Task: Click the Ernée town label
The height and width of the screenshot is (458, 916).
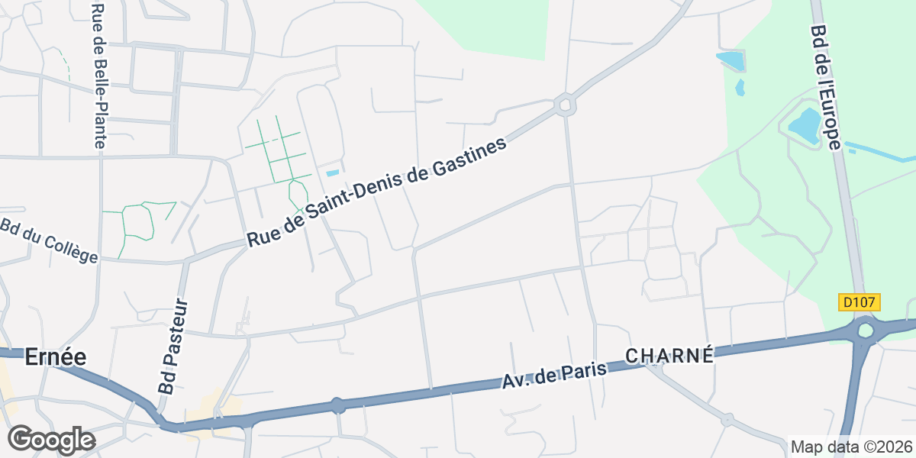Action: point(55,356)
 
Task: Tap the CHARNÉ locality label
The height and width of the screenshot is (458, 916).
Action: point(669,356)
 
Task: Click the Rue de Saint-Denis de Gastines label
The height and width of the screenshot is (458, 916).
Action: point(377,192)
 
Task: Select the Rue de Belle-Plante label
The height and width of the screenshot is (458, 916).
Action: point(98,75)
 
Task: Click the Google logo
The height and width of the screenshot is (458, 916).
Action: point(51,440)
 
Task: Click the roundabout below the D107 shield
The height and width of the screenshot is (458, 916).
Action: point(865,331)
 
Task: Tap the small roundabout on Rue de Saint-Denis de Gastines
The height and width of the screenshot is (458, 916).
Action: point(565,104)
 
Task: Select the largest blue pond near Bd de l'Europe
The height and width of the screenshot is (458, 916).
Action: point(804,124)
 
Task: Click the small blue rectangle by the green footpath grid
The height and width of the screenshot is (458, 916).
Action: point(332,173)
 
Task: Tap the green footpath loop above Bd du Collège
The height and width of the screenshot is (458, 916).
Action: point(137,221)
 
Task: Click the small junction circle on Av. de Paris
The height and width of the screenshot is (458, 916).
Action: point(337,405)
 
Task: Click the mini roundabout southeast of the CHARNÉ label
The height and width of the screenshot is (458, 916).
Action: point(727,419)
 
